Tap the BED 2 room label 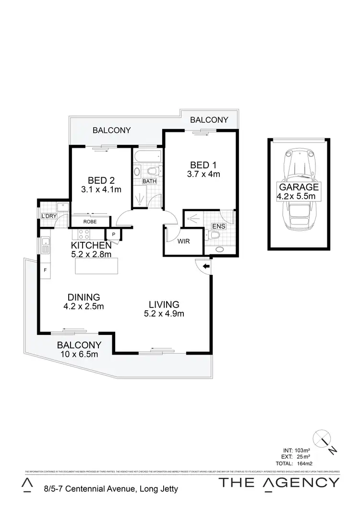tap(101, 180)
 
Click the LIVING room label tap(164, 304)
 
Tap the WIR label tap(183, 241)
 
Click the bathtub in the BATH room tap(147, 157)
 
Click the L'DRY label tap(49, 216)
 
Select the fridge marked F tap(45, 270)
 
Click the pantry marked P tap(114, 234)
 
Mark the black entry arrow tap(206, 266)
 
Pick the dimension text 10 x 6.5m tap(79, 355)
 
